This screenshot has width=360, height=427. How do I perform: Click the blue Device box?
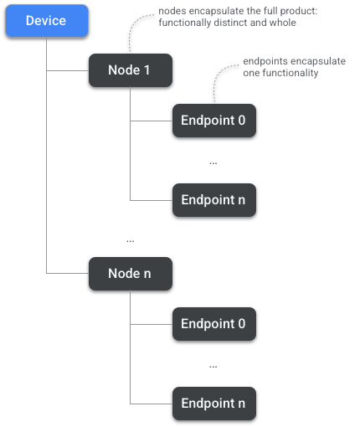click(47, 20)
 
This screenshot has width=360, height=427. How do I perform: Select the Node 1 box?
click(131, 70)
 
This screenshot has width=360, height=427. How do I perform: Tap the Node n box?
click(131, 274)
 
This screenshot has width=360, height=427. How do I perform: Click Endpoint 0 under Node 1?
click(213, 121)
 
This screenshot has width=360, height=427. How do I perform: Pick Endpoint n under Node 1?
click(213, 200)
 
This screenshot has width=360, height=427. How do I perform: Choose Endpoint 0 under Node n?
click(213, 323)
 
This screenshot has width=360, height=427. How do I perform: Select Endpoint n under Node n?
click(213, 404)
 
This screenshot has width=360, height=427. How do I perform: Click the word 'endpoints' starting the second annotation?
click(261, 63)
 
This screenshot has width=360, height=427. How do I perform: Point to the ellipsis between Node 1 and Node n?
click(130, 241)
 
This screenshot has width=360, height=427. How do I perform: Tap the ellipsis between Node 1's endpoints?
click(213, 163)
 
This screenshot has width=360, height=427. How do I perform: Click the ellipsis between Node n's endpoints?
click(213, 367)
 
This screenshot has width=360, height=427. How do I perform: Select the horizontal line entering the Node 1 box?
click(67, 70)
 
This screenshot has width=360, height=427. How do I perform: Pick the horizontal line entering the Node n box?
click(67, 274)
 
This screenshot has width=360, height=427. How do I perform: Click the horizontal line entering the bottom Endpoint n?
click(151, 404)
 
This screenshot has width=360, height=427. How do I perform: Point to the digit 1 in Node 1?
click(147, 70)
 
